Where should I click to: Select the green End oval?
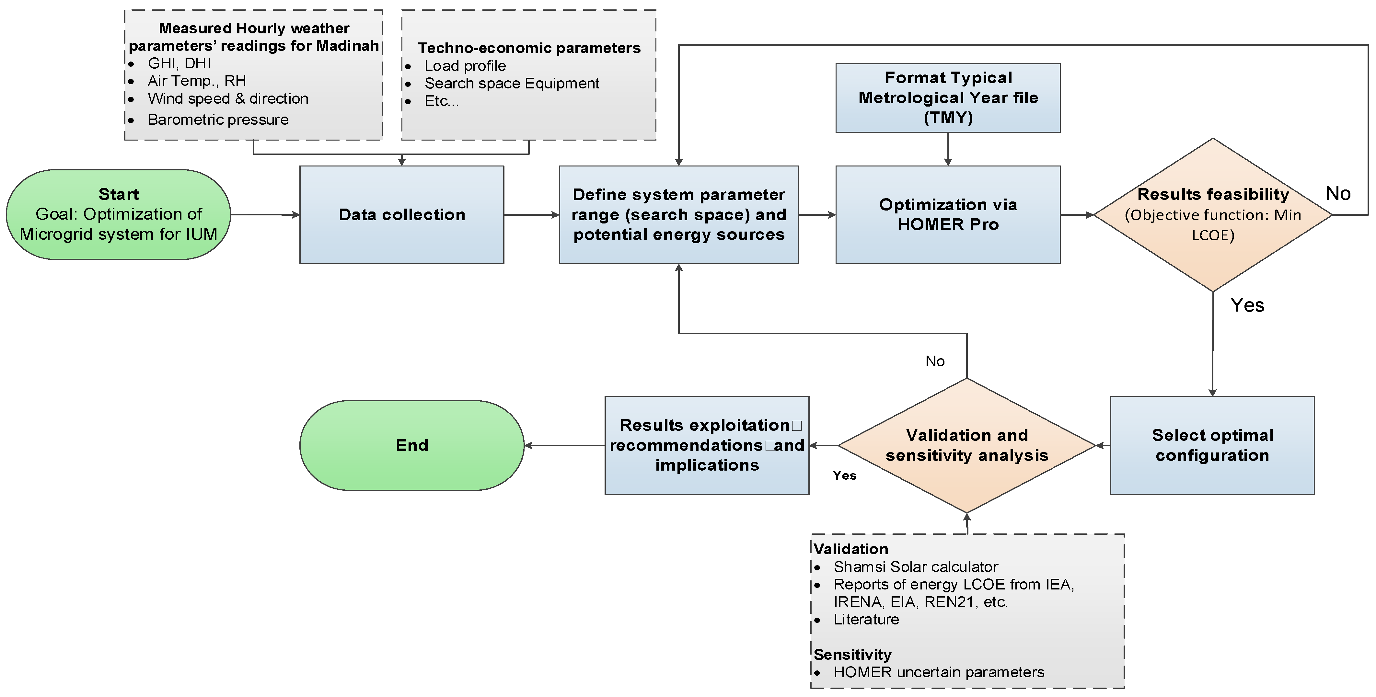[412, 445]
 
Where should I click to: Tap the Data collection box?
[402, 215]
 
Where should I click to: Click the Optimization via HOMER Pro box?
[948, 215]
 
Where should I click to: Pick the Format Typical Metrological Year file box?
[948, 98]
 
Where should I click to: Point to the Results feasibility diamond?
[1213, 215]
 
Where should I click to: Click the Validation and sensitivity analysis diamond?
[967, 445]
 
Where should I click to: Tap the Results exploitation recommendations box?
[707, 445]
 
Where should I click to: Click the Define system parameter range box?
[678, 215]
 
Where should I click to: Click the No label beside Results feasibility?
[1338, 193]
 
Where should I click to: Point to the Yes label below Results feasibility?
[1247, 305]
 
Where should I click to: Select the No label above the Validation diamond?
[935, 361]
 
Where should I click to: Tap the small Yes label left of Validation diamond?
[845, 475]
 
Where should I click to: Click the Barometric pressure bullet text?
[218, 120]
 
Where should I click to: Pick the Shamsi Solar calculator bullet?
[916, 567]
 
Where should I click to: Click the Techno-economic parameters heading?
[529, 48]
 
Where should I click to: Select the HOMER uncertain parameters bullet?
[939, 672]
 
